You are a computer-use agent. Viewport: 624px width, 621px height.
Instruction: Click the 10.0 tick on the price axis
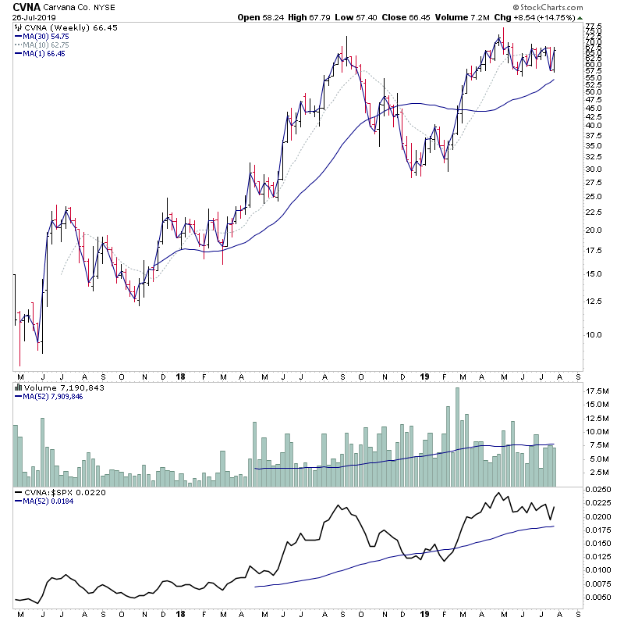coord(595,334)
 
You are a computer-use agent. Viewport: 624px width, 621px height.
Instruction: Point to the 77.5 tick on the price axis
coord(595,27)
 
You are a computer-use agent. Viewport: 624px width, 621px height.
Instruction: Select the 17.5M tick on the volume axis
coord(597,391)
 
